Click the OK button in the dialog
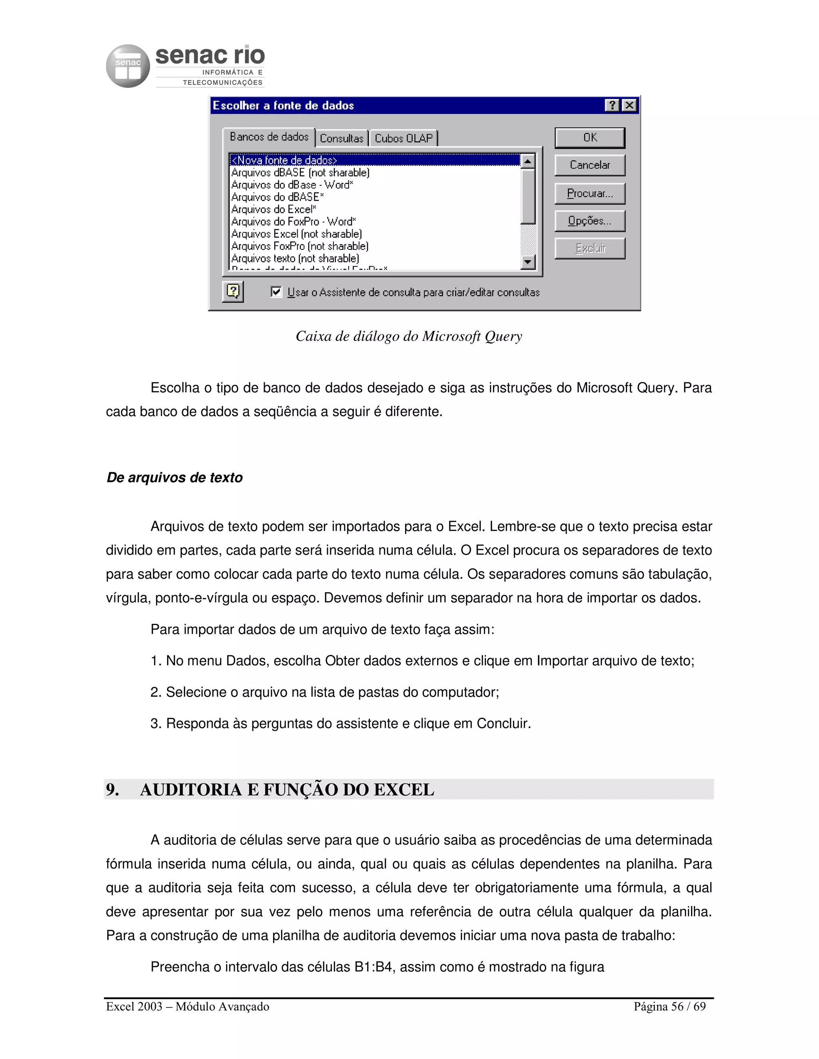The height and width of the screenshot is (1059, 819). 589,138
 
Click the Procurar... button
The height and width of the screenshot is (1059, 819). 589,193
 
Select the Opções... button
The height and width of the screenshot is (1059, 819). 589,221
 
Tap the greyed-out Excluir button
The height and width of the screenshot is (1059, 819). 589,248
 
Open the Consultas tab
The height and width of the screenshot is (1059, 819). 341,139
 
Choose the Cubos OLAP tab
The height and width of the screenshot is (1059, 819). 403,139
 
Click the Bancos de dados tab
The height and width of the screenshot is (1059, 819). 269,137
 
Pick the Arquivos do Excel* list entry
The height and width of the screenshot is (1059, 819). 274,209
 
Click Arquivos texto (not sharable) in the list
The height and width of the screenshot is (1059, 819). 295,259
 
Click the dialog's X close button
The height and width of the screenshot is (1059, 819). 629,105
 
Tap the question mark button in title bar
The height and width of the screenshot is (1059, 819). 612,105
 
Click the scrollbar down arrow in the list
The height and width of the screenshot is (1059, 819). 527,262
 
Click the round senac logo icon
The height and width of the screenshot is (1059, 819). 128,66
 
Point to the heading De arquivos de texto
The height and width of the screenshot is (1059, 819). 174,478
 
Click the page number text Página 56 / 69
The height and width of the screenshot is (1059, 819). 669,1007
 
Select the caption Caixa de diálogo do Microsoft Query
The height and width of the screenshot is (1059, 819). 409,336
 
